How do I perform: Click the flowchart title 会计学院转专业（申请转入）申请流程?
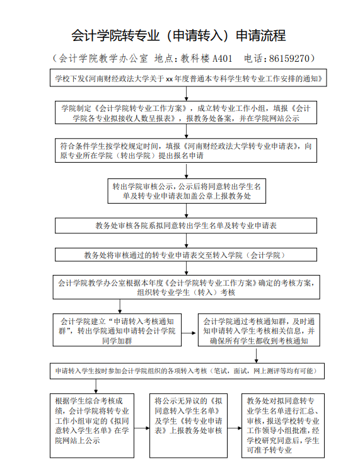coord(178,35)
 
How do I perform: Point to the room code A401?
coord(223,58)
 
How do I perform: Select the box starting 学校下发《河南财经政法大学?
coord(189,78)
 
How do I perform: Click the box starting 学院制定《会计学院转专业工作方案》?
coord(186,113)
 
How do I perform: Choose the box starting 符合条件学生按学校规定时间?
coord(186,151)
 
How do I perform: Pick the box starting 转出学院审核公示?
coord(187,191)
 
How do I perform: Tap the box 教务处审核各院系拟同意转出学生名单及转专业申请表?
coord(186,226)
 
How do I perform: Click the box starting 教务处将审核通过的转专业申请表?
coord(186,255)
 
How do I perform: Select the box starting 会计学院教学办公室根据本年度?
coord(187,287)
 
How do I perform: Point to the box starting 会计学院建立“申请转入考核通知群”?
coord(117,330)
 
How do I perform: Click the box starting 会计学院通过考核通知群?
coord(259,330)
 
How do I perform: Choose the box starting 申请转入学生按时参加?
coord(187,371)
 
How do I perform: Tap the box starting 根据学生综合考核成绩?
coord(92,426)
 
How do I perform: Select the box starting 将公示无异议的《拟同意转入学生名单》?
coord(189,426)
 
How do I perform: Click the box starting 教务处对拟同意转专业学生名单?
coord(283,426)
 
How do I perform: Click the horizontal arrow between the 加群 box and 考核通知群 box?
coord(190,333)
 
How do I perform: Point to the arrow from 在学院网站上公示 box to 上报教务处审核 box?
coord(142,427)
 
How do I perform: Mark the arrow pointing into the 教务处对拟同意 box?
coord(235,427)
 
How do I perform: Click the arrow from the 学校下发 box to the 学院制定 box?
coord(187,94)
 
